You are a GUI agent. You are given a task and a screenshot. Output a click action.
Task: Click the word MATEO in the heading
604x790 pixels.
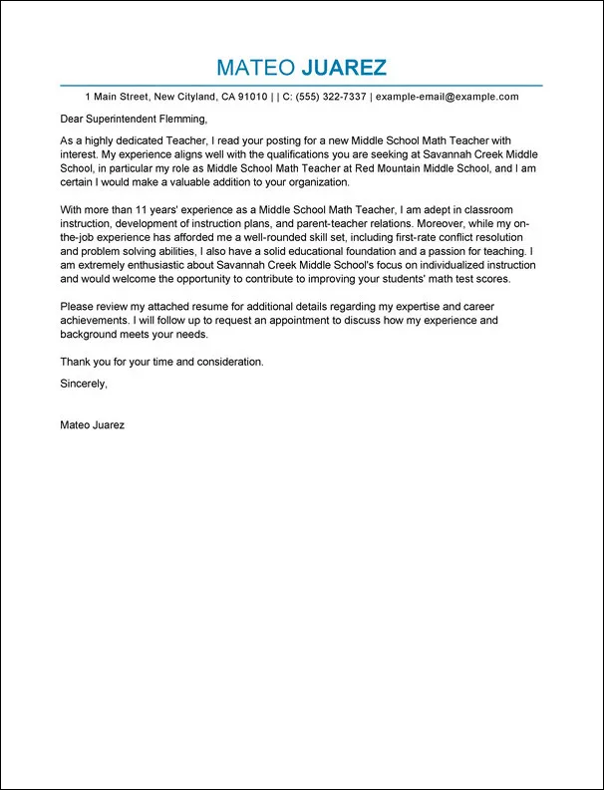(x=254, y=68)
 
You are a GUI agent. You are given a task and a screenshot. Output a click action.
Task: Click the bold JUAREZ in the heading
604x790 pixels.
(x=344, y=68)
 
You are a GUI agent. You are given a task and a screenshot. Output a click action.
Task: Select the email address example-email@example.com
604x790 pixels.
(x=448, y=97)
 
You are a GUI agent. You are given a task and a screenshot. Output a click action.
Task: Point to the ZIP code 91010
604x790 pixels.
(x=249, y=97)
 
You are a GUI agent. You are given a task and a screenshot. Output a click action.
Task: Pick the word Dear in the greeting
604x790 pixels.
(x=73, y=120)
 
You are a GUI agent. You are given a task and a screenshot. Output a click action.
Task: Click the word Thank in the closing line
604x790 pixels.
(x=76, y=362)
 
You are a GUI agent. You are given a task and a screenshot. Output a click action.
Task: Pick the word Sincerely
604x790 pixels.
(x=83, y=383)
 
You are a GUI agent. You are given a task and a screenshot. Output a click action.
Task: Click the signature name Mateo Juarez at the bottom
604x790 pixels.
(x=92, y=424)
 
